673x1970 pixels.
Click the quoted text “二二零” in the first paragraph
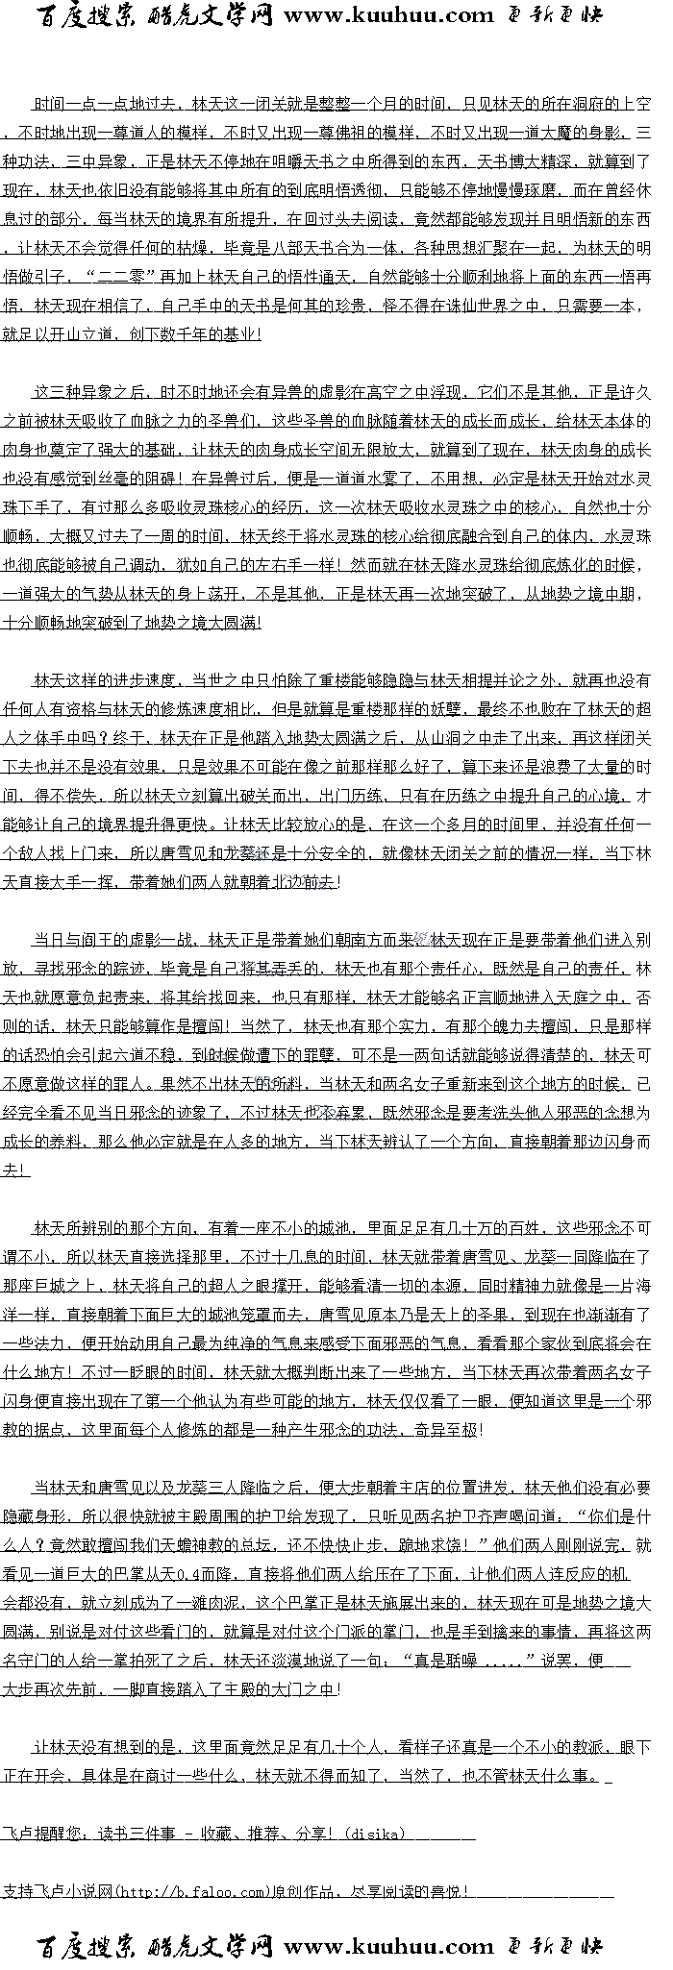click(121, 278)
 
